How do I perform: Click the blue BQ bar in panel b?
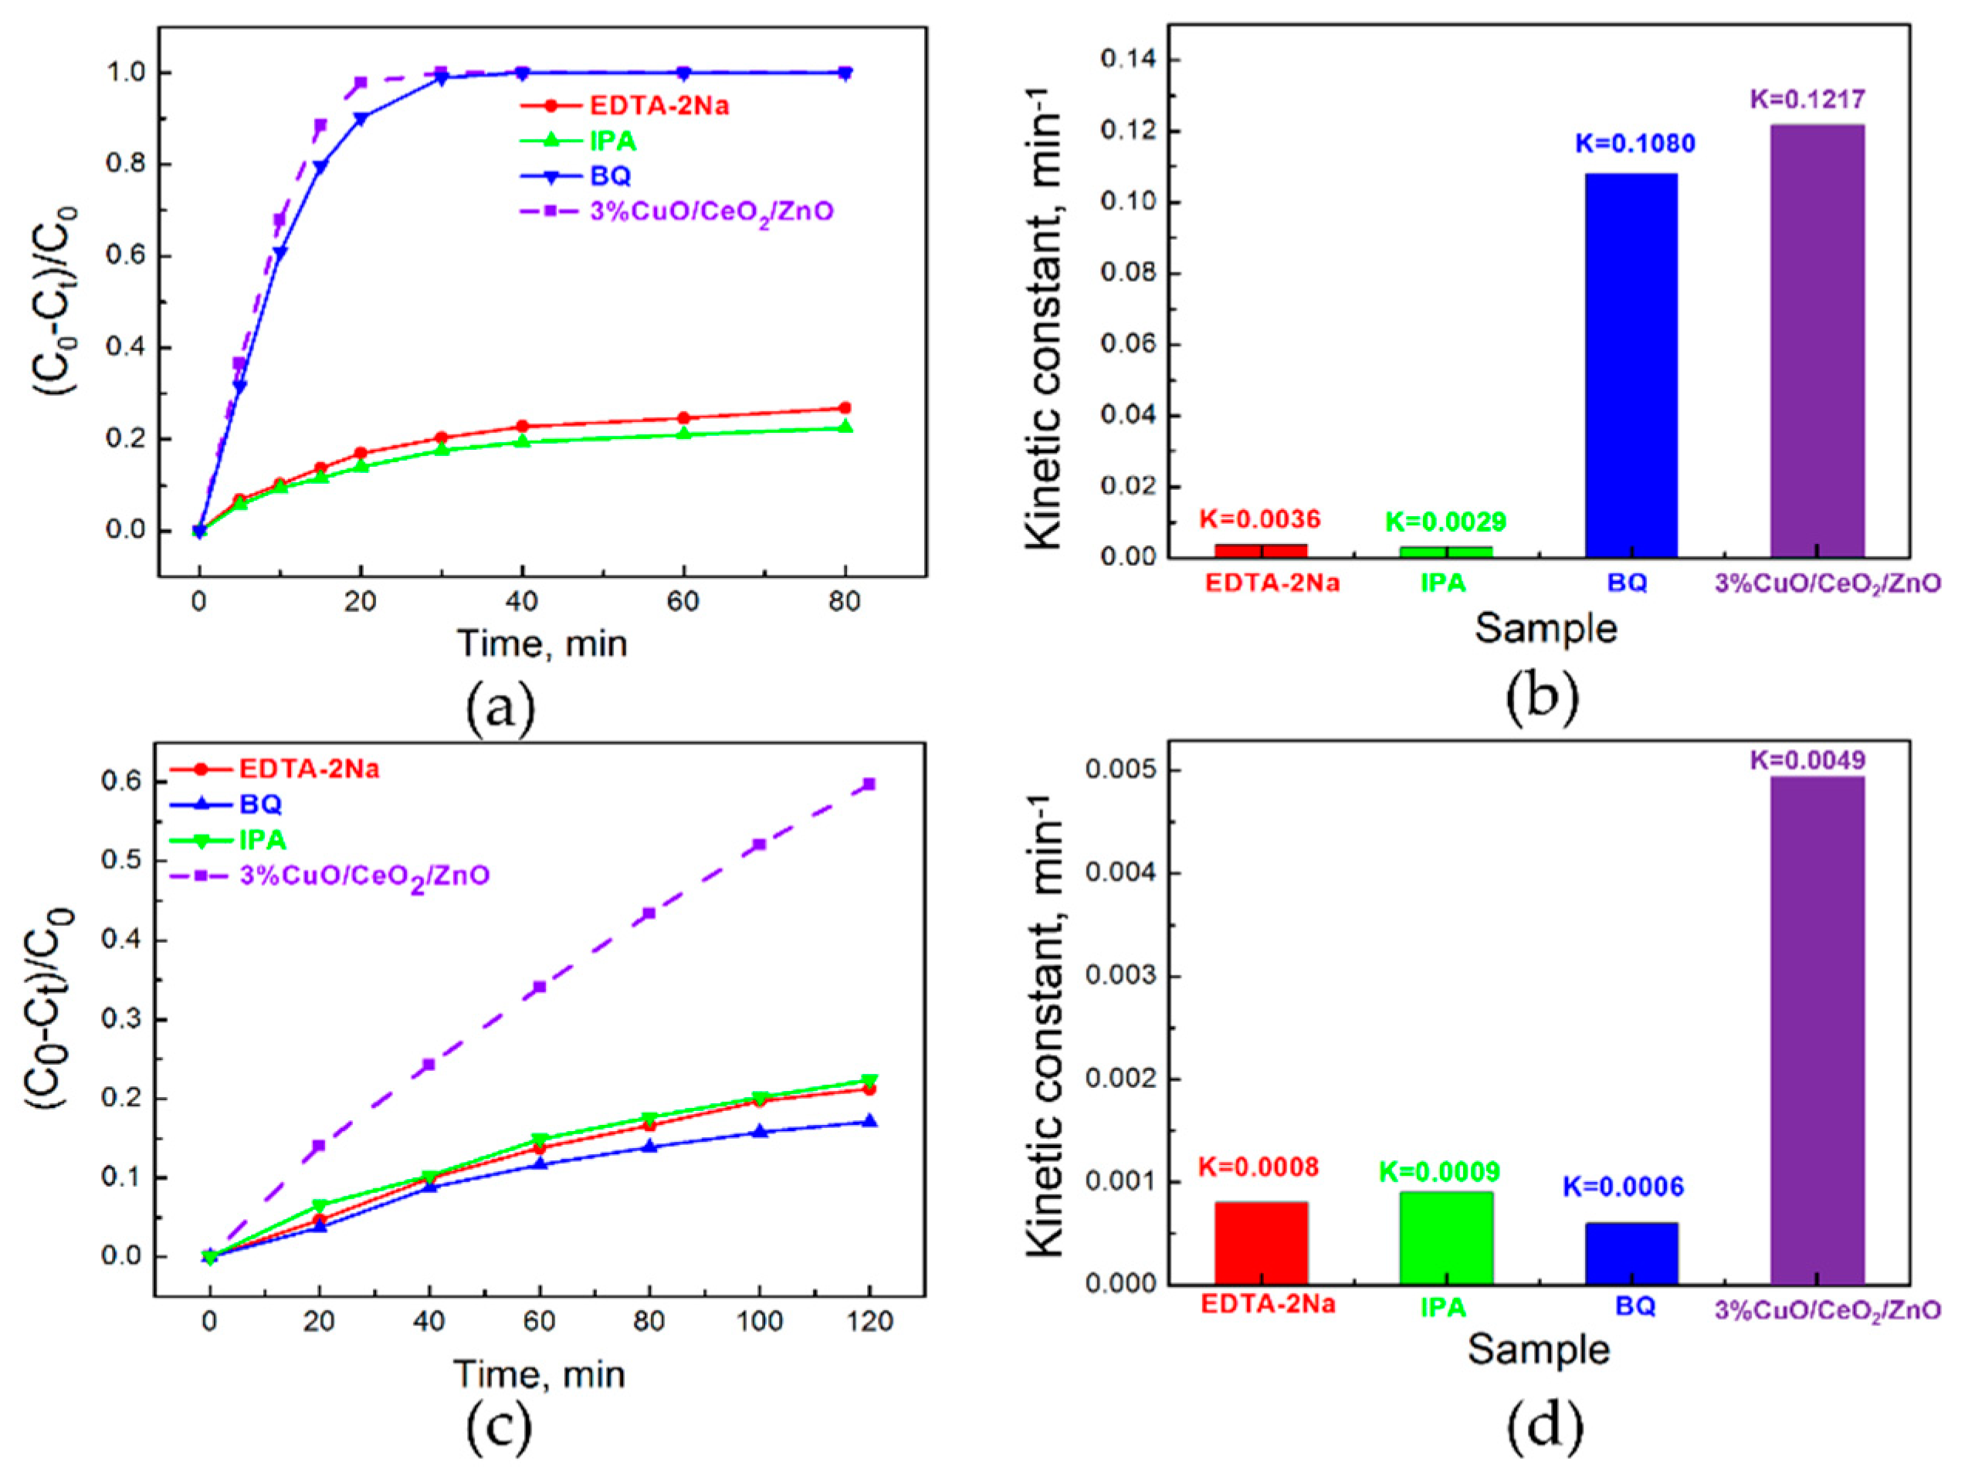1631,366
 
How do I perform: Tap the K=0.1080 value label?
1635,144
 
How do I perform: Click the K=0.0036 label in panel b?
1259,519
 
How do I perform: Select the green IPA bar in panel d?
1446,1238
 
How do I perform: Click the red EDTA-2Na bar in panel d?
1260,1243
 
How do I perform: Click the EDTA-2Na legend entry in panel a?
659,106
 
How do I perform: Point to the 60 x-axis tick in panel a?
683,602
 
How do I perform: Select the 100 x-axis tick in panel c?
759,1322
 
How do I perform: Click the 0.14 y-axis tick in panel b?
1127,60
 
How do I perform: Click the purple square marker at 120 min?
869,783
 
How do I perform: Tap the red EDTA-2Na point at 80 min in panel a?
845,408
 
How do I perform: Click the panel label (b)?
1542,697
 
